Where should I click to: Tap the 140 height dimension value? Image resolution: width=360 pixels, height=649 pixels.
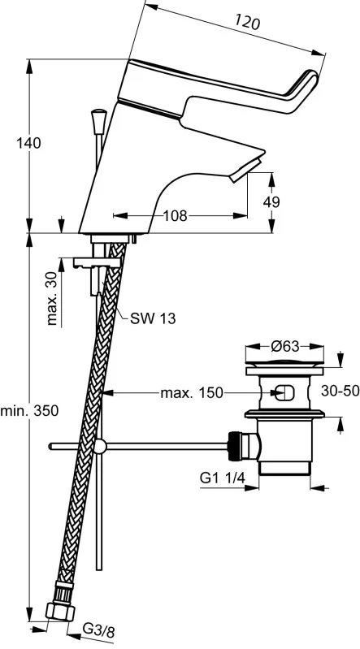click(28, 143)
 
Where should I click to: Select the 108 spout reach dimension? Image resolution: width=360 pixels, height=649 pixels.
click(175, 215)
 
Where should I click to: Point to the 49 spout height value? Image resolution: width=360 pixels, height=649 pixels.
click(271, 202)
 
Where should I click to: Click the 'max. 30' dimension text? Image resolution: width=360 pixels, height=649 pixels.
click(52, 300)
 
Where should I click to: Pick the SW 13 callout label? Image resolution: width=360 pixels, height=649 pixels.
click(153, 318)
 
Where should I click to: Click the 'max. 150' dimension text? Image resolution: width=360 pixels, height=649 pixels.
click(192, 392)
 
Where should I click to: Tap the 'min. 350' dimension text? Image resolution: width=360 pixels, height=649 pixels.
click(29, 411)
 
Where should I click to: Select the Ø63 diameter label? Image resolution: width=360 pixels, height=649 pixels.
click(285, 346)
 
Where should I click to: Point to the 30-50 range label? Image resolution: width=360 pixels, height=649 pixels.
click(340, 391)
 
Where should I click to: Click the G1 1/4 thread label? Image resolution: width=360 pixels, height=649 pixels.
click(223, 478)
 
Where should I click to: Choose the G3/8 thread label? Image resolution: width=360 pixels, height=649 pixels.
click(98, 632)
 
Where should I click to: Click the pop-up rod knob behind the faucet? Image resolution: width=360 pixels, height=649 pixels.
click(99, 121)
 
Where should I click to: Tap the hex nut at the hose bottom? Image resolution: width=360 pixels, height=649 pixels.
click(59, 612)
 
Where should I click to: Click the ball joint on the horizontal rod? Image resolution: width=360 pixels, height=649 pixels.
click(99, 446)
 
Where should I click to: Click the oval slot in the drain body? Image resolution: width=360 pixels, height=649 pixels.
click(284, 392)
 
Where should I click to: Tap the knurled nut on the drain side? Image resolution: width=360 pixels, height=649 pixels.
click(235, 445)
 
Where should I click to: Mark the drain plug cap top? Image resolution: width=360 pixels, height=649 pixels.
click(284, 364)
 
